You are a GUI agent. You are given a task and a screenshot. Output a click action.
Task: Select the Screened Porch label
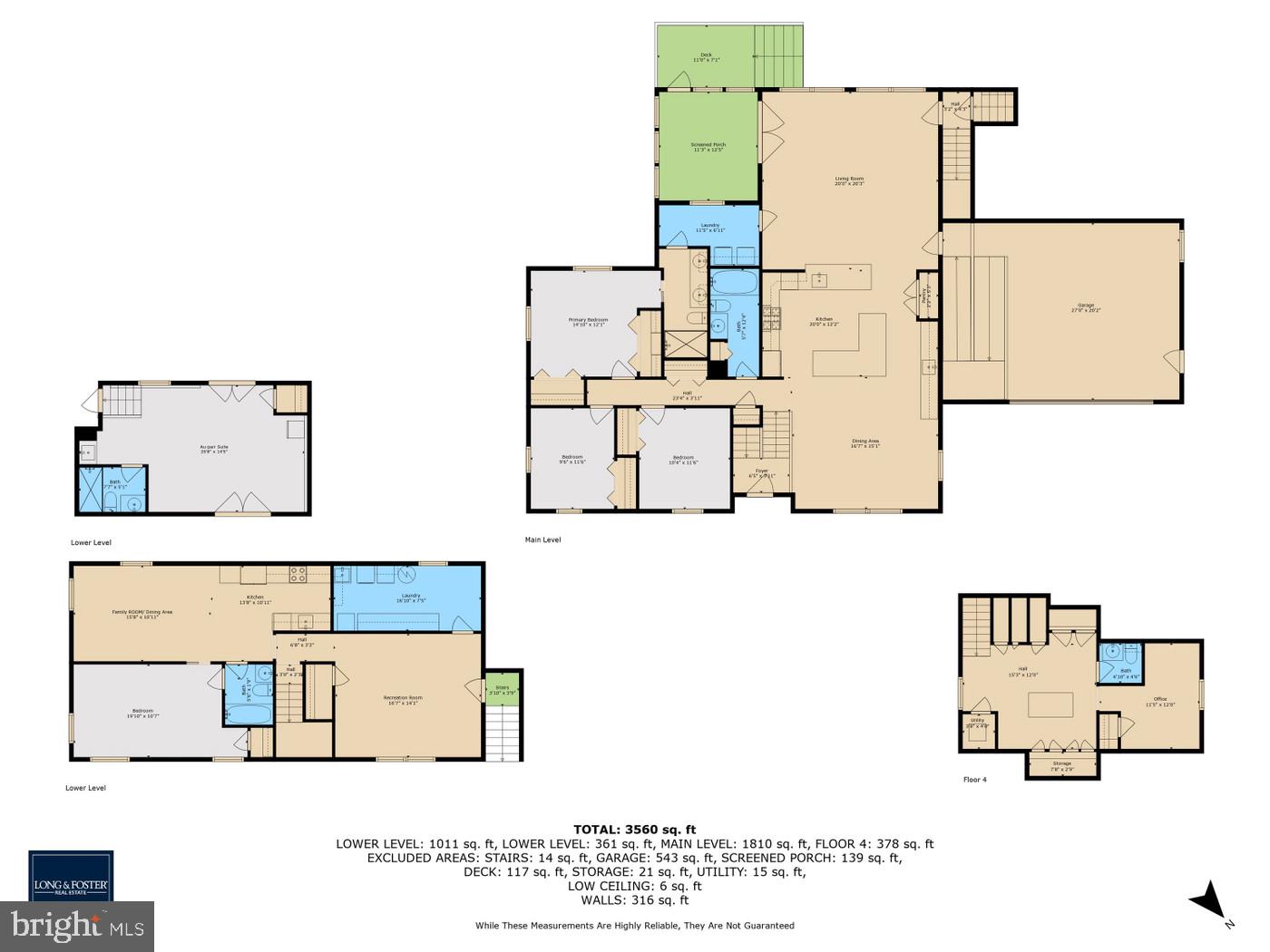pyautogui.click(x=708, y=147)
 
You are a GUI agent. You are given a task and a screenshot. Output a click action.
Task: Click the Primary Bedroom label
pyautogui.click(x=588, y=322)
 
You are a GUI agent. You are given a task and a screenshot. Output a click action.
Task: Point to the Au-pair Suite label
pyautogui.click(x=214, y=449)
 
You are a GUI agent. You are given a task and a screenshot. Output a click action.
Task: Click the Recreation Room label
pyautogui.click(x=403, y=699)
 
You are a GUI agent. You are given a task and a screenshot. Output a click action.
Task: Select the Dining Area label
pyautogui.click(x=865, y=444)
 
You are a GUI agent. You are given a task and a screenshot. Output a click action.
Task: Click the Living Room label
pyautogui.click(x=849, y=180)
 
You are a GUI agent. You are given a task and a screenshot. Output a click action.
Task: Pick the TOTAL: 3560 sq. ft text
pyautogui.click(x=634, y=829)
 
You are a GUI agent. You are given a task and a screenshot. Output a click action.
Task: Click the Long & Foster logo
pyautogui.click(x=71, y=877)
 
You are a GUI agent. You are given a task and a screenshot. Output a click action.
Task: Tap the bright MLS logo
pyautogui.click(x=76, y=927)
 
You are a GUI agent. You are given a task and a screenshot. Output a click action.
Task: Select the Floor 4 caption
pyautogui.click(x=974, y=779)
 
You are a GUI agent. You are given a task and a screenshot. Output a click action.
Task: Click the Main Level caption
pyautogui.click(x=542, y=539)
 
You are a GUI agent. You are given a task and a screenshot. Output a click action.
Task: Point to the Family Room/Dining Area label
pyautogui.click(x=142, y=614)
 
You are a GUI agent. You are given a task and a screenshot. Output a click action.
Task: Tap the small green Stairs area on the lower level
pyautogui.click(x=502, y=685)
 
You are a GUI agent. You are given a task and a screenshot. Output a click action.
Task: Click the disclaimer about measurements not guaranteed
pyautogui.click(x=634, y=926)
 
